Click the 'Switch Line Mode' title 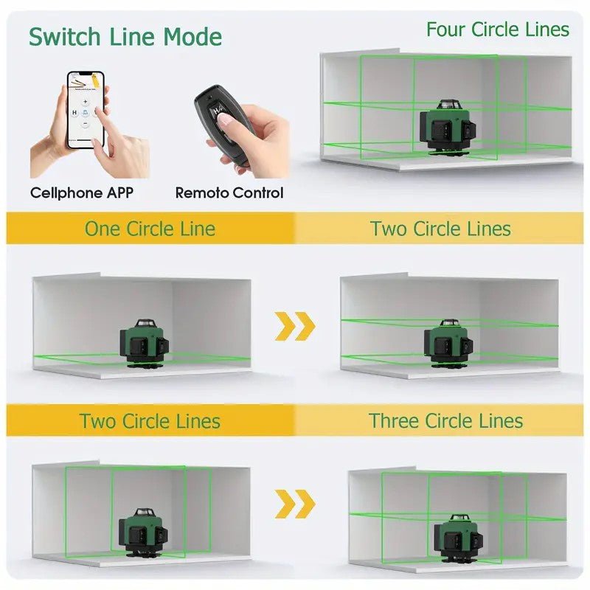pos(125,37)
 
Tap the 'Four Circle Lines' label pos(497,29)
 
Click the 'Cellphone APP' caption pos(82,193)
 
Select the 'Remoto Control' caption pos(229,193)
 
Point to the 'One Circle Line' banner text pos(150,229)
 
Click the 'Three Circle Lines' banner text pos(446,420)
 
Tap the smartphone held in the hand pos(86,109)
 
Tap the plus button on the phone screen pos(85,102)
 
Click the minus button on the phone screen pos(85,123)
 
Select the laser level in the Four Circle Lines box pos(448,127)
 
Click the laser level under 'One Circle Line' pos(144,344)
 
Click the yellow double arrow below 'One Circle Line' pos(294,326)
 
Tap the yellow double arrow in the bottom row pos(294,504)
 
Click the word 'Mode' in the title pos(192,37)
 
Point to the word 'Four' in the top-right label pos(445,29)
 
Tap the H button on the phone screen pos(74,112)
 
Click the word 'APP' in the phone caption pos(120,193)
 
